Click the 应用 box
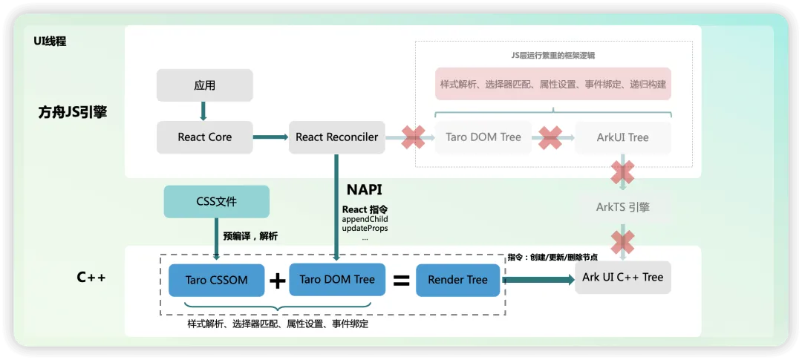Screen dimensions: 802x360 tap(205, 85)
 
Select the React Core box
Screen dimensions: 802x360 tap(205, 137)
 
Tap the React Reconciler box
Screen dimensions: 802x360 tap(336, 137)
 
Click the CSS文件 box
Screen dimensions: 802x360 tap(216, 201)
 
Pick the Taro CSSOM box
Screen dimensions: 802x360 tap(216, 281)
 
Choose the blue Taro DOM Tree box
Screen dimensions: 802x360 tap(337, 279)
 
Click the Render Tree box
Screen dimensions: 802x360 tap(457, 281)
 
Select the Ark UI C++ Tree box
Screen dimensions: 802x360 tap(622, 277)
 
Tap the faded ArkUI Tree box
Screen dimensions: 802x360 tap(622, 137)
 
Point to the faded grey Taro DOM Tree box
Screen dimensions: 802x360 tap(483, 137)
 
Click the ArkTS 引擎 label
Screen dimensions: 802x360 tap(622, 207)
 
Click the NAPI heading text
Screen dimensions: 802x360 tap(365, 189)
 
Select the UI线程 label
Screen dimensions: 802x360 tap(50, 42)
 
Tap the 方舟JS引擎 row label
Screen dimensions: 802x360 tap(73, 113)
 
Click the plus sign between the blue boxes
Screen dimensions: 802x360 tap(277, 281)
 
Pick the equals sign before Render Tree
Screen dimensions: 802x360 tap(401, 281)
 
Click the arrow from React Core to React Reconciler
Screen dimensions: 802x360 tap(271, 137)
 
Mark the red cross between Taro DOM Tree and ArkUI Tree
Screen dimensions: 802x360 tap(550, 138)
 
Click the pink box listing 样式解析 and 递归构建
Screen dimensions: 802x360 tap(553, 83)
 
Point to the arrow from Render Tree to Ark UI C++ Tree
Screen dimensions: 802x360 tap(538, 280)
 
